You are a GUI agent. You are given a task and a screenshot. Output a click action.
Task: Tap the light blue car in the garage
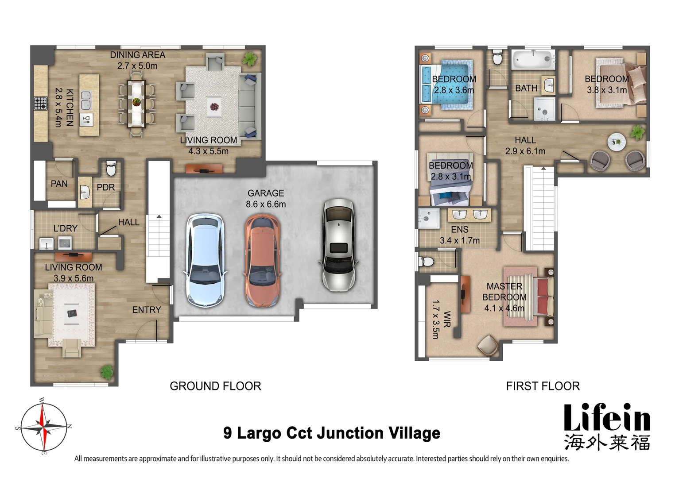coord(205,261)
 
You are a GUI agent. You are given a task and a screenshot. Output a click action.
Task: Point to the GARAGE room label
coord(266,193)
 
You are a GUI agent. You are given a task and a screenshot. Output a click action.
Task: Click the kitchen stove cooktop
coord(40,104)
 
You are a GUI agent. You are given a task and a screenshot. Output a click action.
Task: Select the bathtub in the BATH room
coord(533,59)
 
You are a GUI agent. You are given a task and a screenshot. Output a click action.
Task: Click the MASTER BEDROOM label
coord(504,292)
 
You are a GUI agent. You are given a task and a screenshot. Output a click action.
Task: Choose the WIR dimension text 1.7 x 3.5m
coord(435,320)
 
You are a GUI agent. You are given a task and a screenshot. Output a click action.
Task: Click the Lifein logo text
coord(606,419)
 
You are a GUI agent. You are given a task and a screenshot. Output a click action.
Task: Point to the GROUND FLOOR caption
coord(215,386)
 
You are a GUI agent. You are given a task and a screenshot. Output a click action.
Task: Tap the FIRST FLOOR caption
coord(543,386)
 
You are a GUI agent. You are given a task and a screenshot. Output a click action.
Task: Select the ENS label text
coord(459,229)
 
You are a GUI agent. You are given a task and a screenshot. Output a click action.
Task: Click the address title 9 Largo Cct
coord(332,433)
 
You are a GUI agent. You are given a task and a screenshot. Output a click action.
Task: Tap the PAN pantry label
coord(59,183)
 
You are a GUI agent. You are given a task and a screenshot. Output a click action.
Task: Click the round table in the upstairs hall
coord(616,142)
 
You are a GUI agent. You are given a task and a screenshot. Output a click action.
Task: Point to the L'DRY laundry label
coord(65,228)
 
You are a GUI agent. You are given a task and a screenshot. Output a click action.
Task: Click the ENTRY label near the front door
coord(146,310)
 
